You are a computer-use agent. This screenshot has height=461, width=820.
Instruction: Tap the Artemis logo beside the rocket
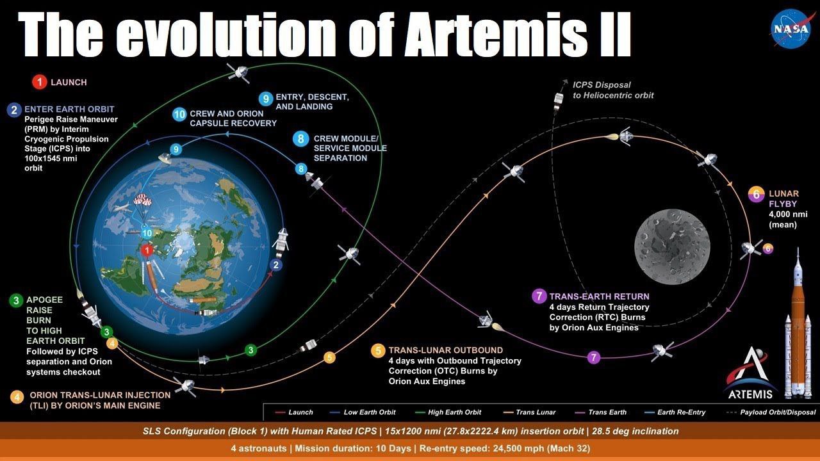tap(751, 373)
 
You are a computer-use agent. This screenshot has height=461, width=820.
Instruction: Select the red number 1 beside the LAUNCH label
tap(40, 82)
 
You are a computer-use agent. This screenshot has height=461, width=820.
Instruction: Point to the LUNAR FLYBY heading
tap(783, 198)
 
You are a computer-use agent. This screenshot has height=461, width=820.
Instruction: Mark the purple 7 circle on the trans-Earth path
tap(594, 357)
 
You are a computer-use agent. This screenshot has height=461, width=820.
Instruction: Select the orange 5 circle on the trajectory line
tap(329, 357)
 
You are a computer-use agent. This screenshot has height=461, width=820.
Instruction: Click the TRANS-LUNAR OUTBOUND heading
tap(446, 350)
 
